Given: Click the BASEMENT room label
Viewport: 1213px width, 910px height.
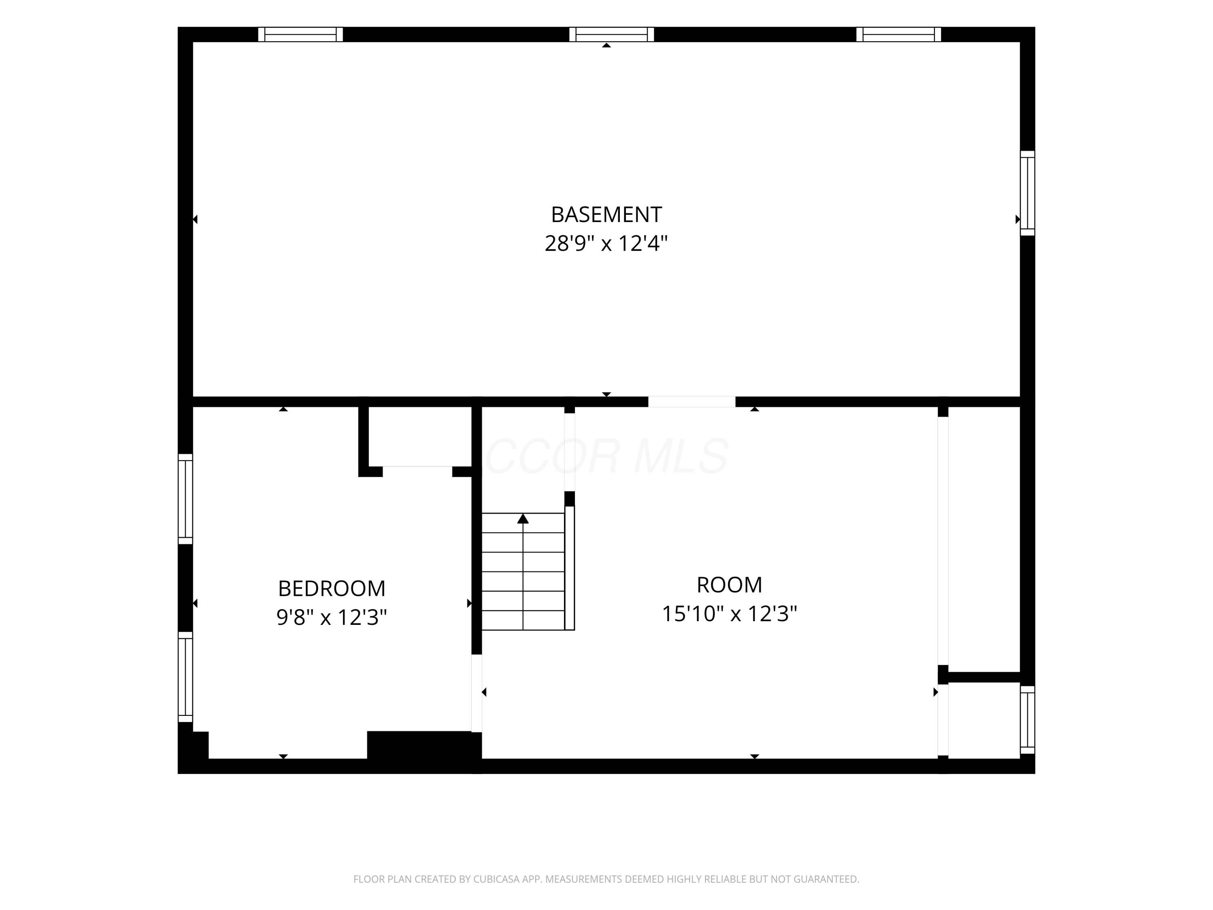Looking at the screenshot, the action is pyautogui.click(x=606, y=214).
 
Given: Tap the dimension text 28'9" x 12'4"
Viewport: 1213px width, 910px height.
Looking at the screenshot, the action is pyautogui.click(x=606, y=243).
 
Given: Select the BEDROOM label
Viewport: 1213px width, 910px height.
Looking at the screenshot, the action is pyautogui.click(x=332, y=588).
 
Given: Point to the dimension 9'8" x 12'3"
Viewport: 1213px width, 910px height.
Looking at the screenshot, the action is pyautogui.click(x=332, y=617).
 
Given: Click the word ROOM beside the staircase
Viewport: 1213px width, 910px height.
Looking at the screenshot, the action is pyautogui.click(x=729, y=585).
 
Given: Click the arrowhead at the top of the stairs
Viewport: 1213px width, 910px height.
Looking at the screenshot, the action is pyautogui.click(x=523, y=518).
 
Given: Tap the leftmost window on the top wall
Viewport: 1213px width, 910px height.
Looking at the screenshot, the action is pyautogui.click(x=300, y=34).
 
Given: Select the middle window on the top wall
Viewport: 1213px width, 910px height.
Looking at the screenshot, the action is pyautogui.click(x=611, y=34).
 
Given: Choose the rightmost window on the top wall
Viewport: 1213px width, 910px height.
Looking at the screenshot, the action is pyautogui.click(x=899, y=34).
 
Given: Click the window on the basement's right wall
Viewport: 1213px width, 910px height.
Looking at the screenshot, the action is pyautogui.click(x=1028, y=193).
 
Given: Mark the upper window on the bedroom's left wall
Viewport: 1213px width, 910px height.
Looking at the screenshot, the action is pyautogui.click(x=185, y=499).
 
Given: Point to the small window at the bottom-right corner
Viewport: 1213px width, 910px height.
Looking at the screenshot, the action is pyautogui.click(x=1028, y=720).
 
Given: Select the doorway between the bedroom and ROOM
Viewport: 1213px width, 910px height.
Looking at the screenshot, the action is pyautogui.click(x=477, y=693).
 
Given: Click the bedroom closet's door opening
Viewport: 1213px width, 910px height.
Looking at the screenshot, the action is pyautogui.click(x=417, y=471).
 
